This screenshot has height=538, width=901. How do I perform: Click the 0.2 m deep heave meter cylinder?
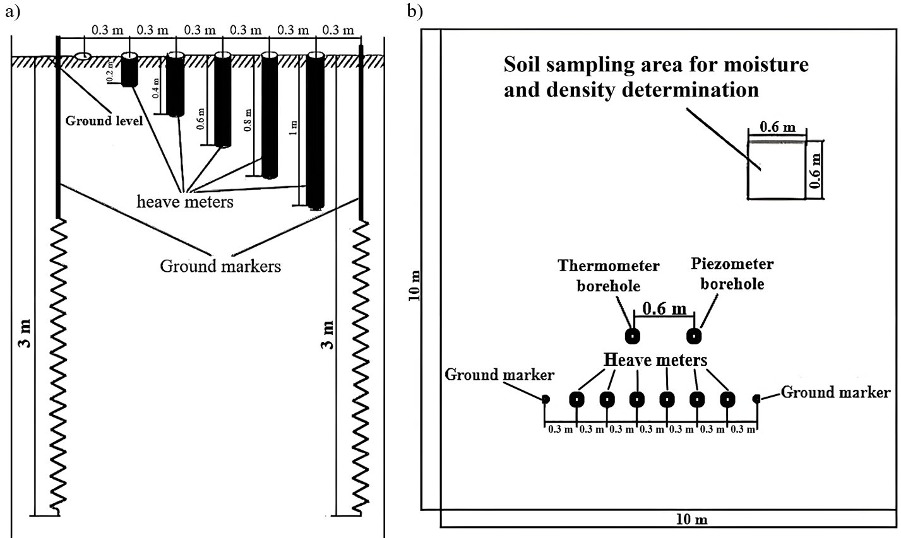[x=129, y=69]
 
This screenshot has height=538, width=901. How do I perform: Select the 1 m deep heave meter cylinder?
[x=315, y=131]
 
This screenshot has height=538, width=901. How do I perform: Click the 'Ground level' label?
[x=104, y=120]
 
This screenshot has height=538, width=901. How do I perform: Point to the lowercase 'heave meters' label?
[x=185, y=201]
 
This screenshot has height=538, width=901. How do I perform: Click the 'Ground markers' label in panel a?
[x=220, y=266]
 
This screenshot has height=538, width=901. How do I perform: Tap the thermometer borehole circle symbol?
[x=633, y=336]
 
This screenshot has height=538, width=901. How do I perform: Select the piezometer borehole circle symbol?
[x=694, y=336]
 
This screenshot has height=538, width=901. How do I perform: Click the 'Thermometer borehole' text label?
[x=609, y=276]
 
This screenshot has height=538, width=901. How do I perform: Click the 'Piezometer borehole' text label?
[x=732, y=274]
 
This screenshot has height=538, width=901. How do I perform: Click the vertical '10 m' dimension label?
[x=415, y=286]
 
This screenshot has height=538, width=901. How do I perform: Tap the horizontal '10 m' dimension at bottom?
[x=691, y=520]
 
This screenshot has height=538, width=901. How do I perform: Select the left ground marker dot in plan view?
[x=546, y=399]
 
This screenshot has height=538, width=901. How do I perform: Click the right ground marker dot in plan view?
[x=756, y=399]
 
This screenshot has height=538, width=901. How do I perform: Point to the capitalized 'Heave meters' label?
[x=655, y=360]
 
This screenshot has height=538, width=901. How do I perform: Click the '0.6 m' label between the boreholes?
[x=664, y=308]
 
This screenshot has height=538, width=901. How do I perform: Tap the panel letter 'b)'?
[x=415, y=11]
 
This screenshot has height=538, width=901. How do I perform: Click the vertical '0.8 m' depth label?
[x=248, y=120]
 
